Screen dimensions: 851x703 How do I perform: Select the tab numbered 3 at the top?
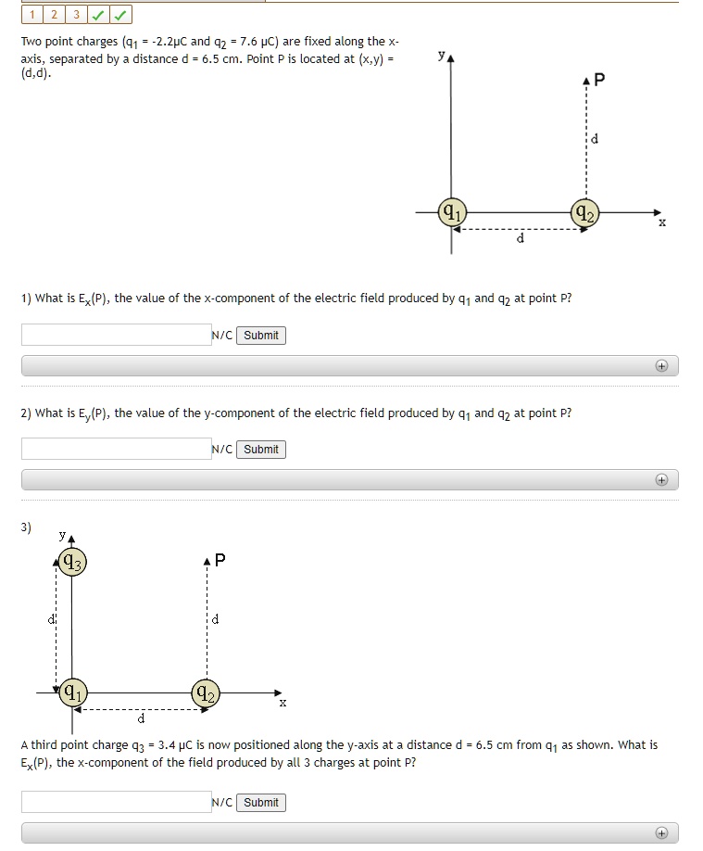[x=75, y=15]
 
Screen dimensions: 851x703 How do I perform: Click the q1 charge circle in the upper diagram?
[x=451, y=211]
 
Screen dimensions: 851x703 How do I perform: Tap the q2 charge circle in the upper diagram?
[x=584, y=211]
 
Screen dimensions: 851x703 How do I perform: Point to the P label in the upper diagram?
[x=599, y=80]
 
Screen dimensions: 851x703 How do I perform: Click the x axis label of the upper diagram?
[x=661, y=223]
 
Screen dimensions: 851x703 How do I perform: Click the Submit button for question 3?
[x=261, y=803]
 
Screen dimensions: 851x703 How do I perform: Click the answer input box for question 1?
[x=116, y=335]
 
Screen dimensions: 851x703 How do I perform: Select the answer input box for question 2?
[x=116, y=449]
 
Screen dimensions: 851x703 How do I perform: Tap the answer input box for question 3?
[x=116, y=802]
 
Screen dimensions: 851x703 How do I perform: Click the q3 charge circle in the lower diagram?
[x=71, y=561]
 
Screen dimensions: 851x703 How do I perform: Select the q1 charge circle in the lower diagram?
[x=72, y=692]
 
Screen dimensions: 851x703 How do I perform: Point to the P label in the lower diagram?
[x=220, y=560]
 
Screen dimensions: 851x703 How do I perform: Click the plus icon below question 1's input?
[x=661, y=366]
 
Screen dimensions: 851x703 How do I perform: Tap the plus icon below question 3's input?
[x=661, y=832]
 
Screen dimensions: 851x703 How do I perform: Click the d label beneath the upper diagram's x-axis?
[x=520, y=238]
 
